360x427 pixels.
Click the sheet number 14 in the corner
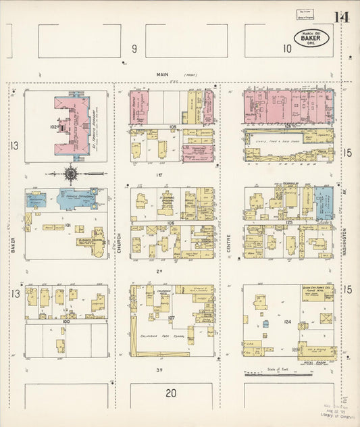coord(341,17)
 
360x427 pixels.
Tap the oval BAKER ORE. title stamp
coord(311,39)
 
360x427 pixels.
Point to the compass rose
coord(71,174)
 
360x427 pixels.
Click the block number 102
coord(53,126)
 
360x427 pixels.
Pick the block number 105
coord(173,126)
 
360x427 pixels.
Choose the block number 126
coord(288,126)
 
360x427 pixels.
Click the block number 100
coord(66,322)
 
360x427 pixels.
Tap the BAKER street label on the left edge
coord(13,243)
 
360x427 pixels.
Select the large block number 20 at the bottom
coord(171,393)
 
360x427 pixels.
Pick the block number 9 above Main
coord(134,48)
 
